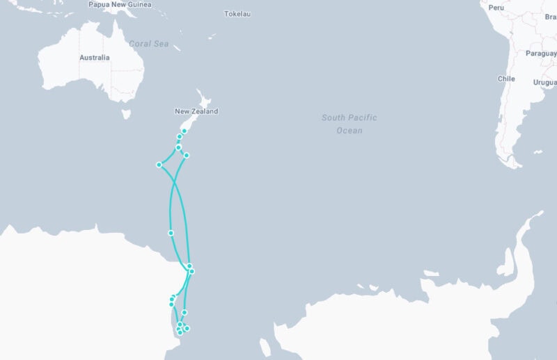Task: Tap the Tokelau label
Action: point(237,14)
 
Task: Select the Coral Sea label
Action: point(148,44)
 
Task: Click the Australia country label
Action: point(94,58)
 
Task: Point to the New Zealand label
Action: point(196,111)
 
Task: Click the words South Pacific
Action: point(349,117)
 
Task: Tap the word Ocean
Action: point(349,130)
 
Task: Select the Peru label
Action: point(496,7)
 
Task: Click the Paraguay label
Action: point(541,54)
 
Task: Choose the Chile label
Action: point(506,79)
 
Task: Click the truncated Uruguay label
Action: point(544,82)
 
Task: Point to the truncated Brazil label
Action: point(551,16)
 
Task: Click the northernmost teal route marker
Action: point(184,131)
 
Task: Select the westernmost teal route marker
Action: point(159,165)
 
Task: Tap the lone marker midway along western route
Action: point(171,233)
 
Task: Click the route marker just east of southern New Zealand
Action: point(187,155)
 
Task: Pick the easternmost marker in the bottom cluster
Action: point(187,328)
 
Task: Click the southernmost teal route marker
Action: point(180,332)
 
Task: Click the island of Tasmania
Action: point(126,113)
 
